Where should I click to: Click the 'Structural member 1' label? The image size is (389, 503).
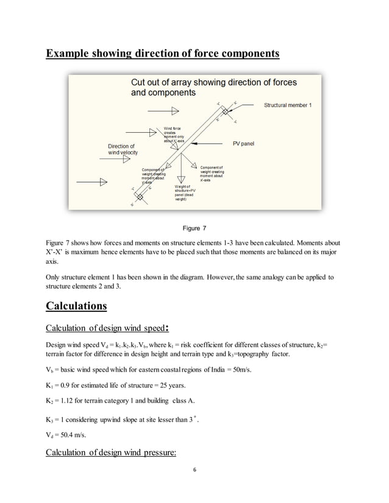tap(287, 105)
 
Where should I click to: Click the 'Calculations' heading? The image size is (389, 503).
tap(77, 305)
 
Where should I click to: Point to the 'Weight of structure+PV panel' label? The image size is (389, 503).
tap(184, 192)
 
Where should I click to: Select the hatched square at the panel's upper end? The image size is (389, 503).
tap(225, 112)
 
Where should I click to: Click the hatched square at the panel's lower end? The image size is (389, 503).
tap(140, 197)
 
